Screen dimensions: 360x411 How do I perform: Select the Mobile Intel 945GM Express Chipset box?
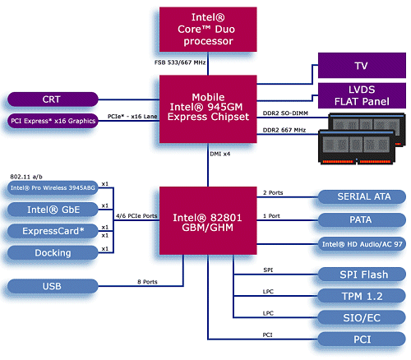pyautogui.click(x=208, y=108)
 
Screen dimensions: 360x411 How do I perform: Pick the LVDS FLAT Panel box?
pyautogui.click(x=362, y=95)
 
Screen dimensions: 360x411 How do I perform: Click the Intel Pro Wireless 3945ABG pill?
pyautogui.click(x=52, y=187)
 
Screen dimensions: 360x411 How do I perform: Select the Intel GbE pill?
pyautogui.click(x=52, y=209)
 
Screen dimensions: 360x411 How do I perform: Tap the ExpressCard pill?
pyautogui.click(x=52, y=231)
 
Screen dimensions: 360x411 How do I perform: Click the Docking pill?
pyautogui.click(x=52, y=252)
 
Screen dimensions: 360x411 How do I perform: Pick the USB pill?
pyautogui.click(x=52, y=287)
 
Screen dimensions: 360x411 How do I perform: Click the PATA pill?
pyautogui.click(x=360, y=219)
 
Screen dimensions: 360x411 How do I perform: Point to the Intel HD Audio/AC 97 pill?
pyautogui.click(x=360, y=244)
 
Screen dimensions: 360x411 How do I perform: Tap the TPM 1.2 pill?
pyautogui.click(x=360, y=295)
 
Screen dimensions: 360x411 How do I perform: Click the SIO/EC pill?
pyautogui.click(x=360, y=317)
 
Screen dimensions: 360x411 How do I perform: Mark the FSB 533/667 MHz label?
pyautogui.click(x=179, y=62)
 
